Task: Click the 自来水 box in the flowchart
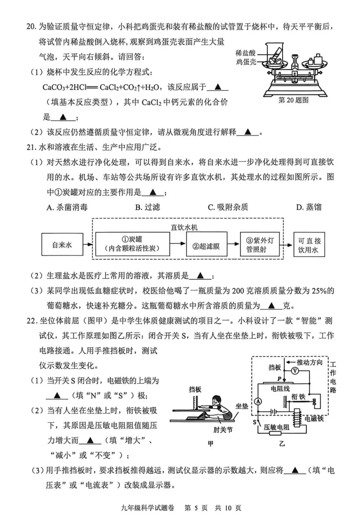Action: point(62,245)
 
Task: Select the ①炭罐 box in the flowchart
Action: point(132,244)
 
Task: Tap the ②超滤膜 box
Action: point(206,246)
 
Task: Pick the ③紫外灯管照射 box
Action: point(260,245)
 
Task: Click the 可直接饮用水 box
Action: point(309,245)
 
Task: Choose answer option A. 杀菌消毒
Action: point(67,207)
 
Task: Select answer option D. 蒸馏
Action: point(309,207)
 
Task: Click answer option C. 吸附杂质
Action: point(228,207)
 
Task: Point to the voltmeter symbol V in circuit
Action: point(295,370)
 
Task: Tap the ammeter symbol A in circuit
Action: point(258,401)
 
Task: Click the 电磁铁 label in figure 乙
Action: point(314,418)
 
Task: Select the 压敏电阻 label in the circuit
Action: point(276,427)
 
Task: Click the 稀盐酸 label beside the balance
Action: point(246,53)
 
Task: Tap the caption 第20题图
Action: point(293,100)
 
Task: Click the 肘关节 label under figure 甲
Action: point(223,430)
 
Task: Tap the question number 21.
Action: point(31,147)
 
